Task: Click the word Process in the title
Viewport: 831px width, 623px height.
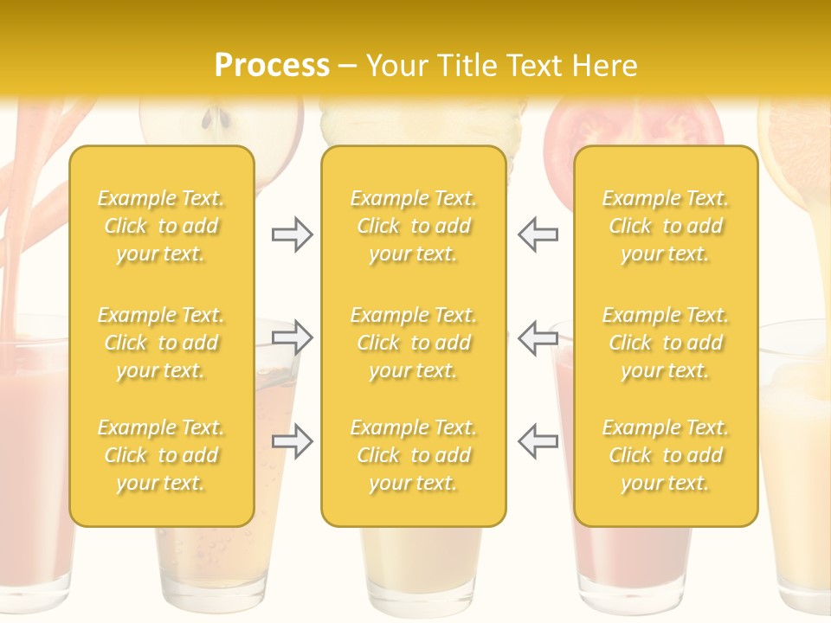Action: [272, 66]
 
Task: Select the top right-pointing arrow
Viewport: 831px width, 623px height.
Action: [292, 234]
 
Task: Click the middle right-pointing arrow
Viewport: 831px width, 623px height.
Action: [292, 337]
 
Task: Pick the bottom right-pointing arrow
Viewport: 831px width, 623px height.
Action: [292, 441]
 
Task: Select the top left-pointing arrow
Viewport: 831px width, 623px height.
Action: [538, 234]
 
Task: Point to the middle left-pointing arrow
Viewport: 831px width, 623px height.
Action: [538, 337]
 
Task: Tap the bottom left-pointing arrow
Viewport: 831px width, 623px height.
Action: [538, 441]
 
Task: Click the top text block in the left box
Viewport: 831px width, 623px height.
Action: [161, 226]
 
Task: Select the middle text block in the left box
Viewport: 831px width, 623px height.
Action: [161, 343]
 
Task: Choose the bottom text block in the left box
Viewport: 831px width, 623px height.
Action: [161, 455]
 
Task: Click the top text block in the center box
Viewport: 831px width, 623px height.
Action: [414, 226]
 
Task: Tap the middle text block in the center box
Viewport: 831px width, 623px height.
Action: [414, 343]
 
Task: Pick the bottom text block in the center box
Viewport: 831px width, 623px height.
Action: [414, 455]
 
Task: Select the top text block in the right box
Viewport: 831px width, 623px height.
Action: [666, 226]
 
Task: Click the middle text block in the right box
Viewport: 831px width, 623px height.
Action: [666, 343]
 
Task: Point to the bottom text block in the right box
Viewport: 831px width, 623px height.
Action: [666, 455]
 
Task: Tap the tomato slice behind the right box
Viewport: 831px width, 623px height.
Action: [636, 125]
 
